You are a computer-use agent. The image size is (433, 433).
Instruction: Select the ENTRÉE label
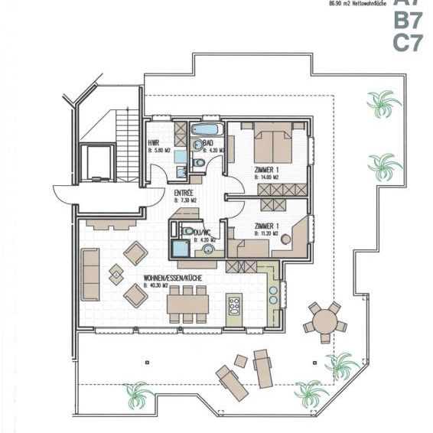click(x=184, y=192)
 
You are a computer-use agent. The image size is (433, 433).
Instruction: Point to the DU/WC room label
click(x=203, y=232)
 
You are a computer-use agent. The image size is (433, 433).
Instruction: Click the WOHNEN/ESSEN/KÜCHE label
click(x=173, y=278)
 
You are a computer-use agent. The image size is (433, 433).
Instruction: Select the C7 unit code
click(x=407, y=43)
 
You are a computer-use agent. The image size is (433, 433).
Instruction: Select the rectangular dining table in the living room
click(x=188, y=304)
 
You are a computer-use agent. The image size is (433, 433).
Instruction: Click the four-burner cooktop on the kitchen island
click(x=234, y=306)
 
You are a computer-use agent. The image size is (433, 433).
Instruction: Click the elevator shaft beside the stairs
click(x=98, y=162)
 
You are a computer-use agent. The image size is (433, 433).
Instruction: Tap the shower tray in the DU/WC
click(x=181, y=249)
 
